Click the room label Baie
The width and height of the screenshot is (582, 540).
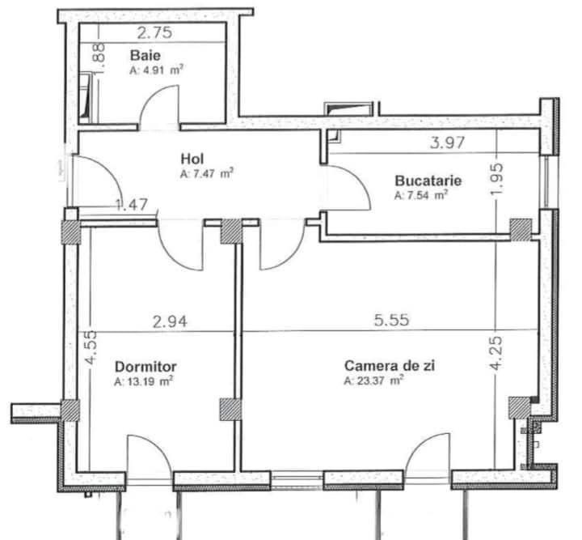(x=145, y=56)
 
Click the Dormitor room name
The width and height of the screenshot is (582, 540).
(x=145, y=365)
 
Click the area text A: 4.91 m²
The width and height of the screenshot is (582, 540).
(x=156, y=70)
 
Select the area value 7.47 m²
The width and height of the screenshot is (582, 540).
(x=208, y=173)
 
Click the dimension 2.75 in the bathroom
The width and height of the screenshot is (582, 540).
(x=154, y=34)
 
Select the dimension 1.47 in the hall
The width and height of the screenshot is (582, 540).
(x=130, y=205)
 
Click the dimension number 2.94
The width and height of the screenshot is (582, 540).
(x=170, y=321)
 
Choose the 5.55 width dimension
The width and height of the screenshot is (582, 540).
(x=390, y=321)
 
